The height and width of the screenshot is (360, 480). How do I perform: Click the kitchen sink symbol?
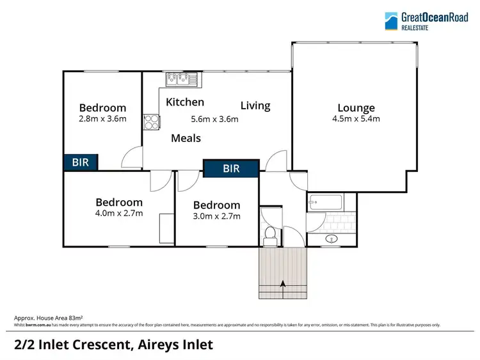(183, 79)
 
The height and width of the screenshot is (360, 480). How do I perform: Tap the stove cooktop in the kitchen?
(152, 121)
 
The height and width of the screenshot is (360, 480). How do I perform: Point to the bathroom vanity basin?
(332, 239)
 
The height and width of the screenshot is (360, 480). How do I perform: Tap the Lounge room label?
(356, 108)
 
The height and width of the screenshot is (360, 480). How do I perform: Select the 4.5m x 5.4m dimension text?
(356, 119)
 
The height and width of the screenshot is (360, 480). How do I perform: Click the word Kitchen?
(185, 102)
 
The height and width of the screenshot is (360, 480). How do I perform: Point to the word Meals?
(186, 138)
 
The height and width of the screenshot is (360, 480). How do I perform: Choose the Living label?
(255, 106)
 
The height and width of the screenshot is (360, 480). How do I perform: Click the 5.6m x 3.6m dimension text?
(214, 119)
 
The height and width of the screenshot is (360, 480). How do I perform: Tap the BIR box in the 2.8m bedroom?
(81, 162)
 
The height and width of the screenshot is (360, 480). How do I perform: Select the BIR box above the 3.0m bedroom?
(231, 169)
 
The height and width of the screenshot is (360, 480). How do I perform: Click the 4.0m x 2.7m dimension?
(119, 214)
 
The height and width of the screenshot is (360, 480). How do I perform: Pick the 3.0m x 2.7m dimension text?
(217, 216)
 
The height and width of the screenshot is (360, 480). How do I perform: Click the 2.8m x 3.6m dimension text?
(102, 118)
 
